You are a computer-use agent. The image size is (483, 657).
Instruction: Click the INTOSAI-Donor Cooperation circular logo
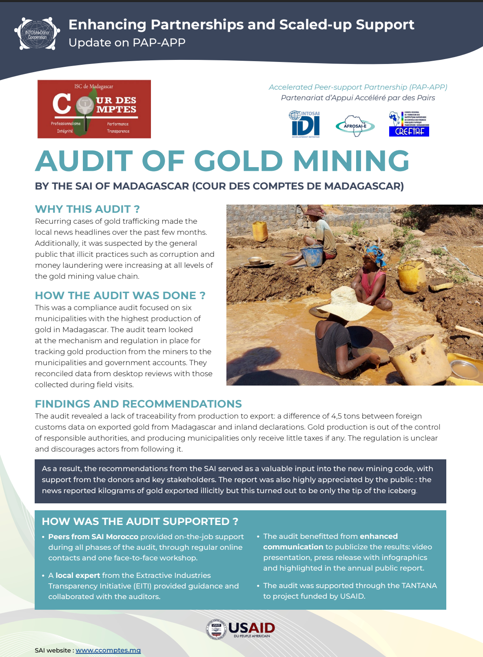tap(37, 34)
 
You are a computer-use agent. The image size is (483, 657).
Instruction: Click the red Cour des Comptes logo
tap(94, 109)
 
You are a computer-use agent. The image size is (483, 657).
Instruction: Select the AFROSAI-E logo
tap(355, 126)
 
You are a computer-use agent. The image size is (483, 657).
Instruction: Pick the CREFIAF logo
tap(409, 124)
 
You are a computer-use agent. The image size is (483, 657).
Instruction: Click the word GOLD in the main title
tap(238, 161)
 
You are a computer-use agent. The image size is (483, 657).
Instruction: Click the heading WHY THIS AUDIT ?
tap(87, 209)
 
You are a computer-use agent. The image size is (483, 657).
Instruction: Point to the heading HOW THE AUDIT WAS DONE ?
tap(120, 295)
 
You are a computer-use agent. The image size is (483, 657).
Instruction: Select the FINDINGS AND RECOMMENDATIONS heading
tap(138, 404)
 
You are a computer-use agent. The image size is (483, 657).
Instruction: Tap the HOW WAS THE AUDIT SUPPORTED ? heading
tap(140, 521)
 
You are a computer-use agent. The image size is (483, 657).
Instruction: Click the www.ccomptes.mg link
tap(108, 650)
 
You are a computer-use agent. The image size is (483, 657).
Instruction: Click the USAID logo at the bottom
tap(241, 629)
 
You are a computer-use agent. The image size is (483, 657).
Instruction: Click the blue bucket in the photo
tap(313, 256)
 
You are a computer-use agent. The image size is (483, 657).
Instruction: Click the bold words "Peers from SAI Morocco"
tap(93, 537)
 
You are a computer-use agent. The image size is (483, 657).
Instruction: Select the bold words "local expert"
tap(78, 575)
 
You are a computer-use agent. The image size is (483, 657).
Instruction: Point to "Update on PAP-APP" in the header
tap(127, 42)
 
